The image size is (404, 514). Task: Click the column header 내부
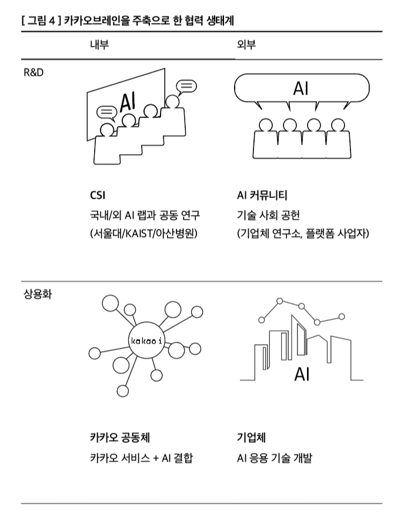point(99,45)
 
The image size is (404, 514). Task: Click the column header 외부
point(246,45)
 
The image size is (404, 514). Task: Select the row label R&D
point(34,74)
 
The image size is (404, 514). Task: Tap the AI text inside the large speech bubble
point(301,89)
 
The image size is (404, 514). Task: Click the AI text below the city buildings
point(302,374)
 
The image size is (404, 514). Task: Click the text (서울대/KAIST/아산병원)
point(144,233)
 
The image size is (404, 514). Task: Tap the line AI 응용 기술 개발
point(274,458)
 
